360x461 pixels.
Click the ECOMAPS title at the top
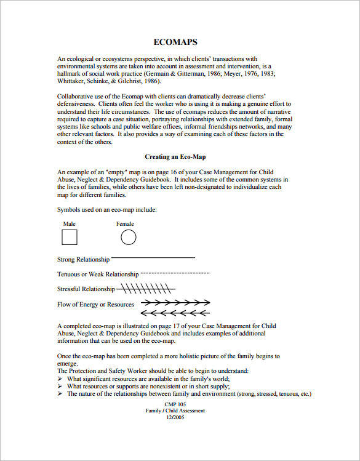[x=175, y=42]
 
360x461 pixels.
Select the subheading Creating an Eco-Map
[x=175, y=157]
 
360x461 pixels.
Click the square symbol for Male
[x=70, y=238]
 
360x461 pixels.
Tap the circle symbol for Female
[x=128, y=237]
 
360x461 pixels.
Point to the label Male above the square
[x=70, y=224]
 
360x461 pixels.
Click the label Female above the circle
[x=125, y=224]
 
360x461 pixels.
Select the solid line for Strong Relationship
[x=153, y=257]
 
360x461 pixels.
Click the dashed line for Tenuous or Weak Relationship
[x=175, y=272]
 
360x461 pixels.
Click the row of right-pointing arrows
[x=175, y=302]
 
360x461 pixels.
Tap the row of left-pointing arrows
[x=175, y=313]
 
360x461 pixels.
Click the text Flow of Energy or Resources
[x=95, y=305]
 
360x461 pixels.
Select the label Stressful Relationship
[x=86, y=289]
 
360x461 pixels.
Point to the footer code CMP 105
[x=175, y=404]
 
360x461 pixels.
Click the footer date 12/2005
[x=175, y=417]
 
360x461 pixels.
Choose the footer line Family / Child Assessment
[x=175, y=411]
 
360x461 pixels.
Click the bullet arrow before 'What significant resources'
[x=60, y=379]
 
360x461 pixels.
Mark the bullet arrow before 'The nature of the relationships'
[x=60, y=394]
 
